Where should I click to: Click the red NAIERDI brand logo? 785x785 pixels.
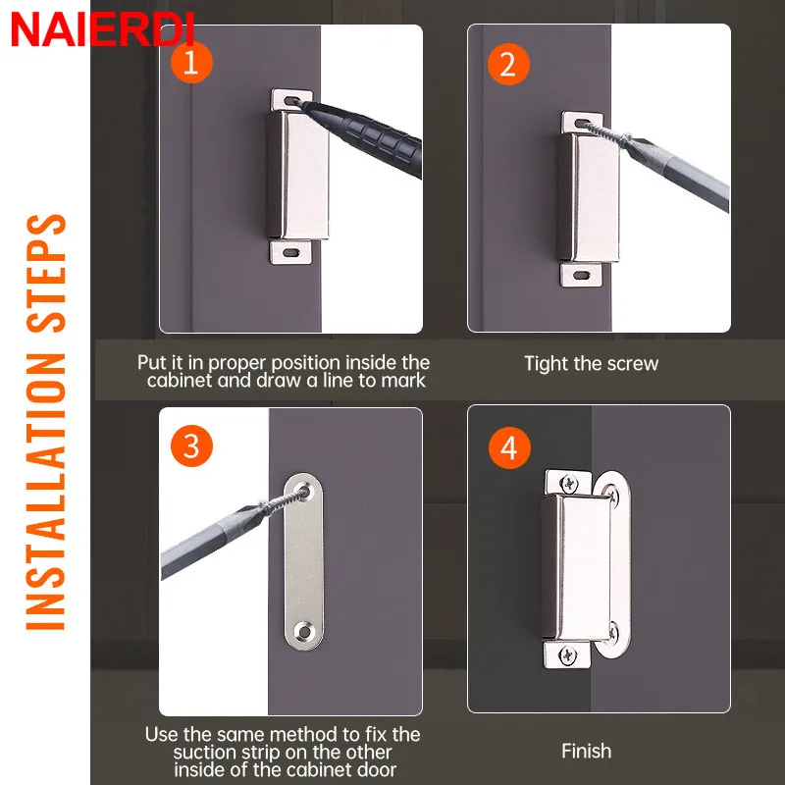click(102, 30)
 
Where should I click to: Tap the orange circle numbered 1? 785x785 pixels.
click(191, 63)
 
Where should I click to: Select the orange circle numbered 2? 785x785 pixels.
click(508, 64)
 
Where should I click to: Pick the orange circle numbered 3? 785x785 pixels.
click(191, 445)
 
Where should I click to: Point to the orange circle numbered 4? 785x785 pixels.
click(509, 447)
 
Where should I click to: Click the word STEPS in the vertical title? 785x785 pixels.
click(45, 274)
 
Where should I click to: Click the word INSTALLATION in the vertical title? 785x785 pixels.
click(45, 492)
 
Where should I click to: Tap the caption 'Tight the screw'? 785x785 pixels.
click(591, 364)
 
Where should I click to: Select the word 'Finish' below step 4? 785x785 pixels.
click(586, 751)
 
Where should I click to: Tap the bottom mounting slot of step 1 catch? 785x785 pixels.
click(290, 252)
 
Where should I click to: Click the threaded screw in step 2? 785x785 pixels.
click(604, 132)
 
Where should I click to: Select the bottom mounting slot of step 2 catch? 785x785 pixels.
click(581, 275)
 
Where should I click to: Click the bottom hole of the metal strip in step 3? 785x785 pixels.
click(303, 632)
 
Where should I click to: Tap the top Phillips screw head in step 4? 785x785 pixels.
click(569, 484)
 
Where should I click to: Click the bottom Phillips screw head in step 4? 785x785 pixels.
click(568, 655)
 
